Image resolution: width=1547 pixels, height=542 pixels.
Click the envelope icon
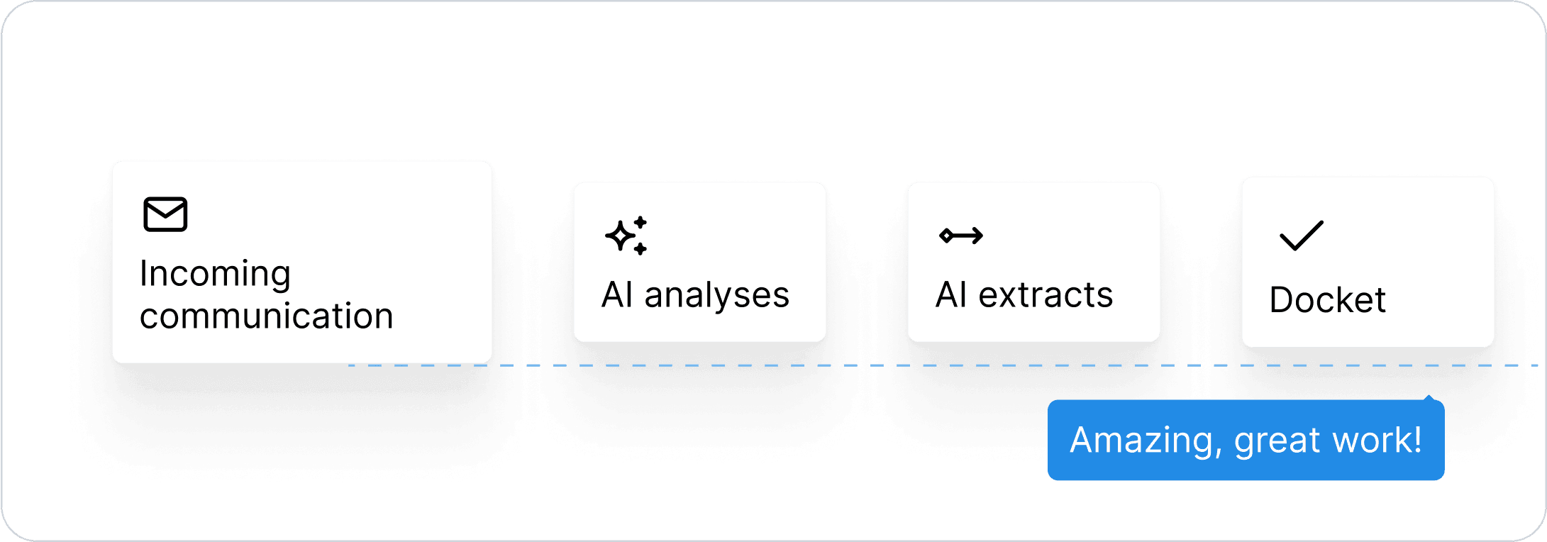tap(165, 214)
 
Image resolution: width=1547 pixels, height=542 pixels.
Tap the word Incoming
tap(215, 275)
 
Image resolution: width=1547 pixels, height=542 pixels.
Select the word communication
tap(266, 316)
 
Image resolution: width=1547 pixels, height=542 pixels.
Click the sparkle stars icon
tap(626, 235)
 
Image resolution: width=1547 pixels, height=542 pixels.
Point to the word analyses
tap(716, 295)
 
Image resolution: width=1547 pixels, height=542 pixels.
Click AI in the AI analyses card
tap(617, 295)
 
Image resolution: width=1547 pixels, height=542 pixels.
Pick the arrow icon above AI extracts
tap(961, 235)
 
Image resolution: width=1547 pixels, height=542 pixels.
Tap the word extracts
tap(1046, 295)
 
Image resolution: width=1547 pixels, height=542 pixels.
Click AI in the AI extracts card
tap(951, 295)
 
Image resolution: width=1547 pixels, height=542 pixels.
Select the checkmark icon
tap(1301, 236)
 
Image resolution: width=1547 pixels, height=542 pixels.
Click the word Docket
tap(1327, 300)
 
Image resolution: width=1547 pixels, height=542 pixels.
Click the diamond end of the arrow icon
tap(946, 236)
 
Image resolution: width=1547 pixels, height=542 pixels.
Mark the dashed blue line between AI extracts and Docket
tap(1201, 365)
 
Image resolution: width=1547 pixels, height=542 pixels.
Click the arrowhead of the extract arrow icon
tap(978, 235)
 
